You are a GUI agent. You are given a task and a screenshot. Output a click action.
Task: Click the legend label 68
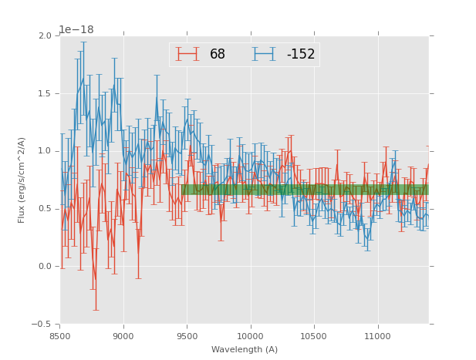click(218, 55)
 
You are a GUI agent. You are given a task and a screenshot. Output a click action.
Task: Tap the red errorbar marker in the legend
click(187, 54)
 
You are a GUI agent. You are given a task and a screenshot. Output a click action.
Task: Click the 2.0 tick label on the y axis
click(46, 36)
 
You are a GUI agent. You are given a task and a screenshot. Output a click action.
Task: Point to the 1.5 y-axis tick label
click(46, 94)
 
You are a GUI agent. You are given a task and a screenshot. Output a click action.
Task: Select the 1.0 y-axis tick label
click(46, 151)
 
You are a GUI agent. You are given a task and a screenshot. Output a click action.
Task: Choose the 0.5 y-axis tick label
click(46, 209)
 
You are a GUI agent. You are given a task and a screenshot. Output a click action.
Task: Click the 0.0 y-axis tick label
click(46, 267)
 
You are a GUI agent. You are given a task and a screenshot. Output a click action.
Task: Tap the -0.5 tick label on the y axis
click(43, 325)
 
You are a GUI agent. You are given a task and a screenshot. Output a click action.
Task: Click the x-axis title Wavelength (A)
click(245, 350)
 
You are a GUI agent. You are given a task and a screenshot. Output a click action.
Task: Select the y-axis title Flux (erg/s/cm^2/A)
click(22, 180)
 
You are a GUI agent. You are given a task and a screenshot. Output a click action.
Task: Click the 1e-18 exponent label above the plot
click(76, 30)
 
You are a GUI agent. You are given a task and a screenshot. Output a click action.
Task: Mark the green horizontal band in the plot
click(305, 189)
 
